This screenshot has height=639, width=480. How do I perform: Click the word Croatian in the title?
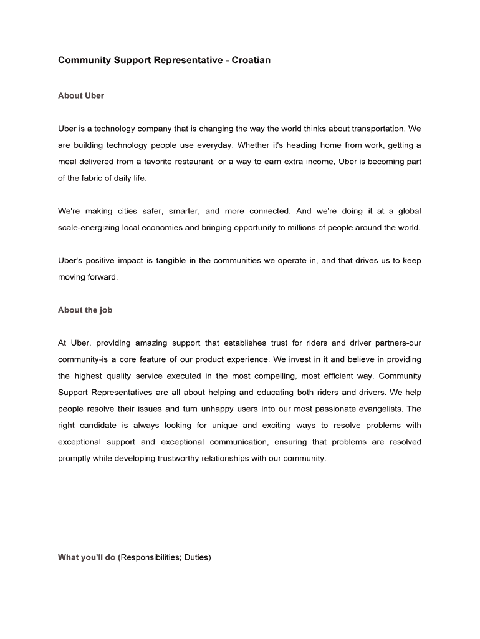pos(251,61)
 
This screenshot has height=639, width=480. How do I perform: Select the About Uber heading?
pos(81,95)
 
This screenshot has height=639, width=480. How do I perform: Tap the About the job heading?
pos(85,310)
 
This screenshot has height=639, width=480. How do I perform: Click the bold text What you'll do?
pos(87,557)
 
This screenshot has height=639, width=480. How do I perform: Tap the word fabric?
pos(94,178)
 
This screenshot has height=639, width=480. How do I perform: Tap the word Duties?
pos(197,557)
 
